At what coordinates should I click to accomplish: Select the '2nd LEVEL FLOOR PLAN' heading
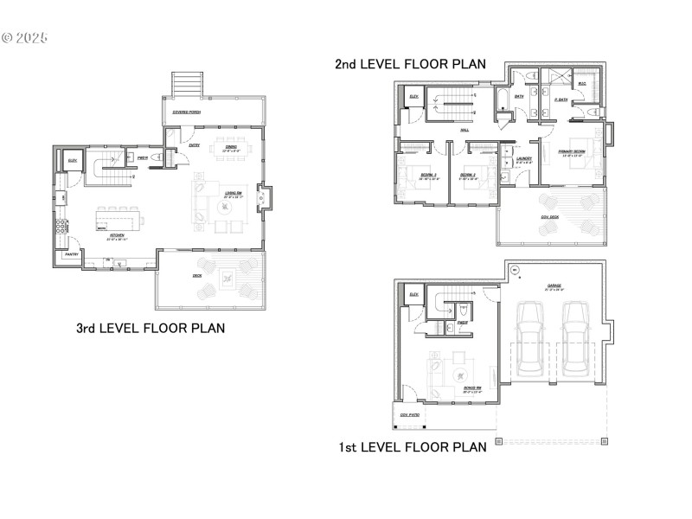pos(411,64)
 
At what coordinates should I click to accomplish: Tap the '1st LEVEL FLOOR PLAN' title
pos(413,447)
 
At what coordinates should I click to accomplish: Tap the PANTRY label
pos(72,254)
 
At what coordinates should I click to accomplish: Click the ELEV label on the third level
pos(72,161)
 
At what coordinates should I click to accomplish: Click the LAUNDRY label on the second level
pos(522,159)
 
